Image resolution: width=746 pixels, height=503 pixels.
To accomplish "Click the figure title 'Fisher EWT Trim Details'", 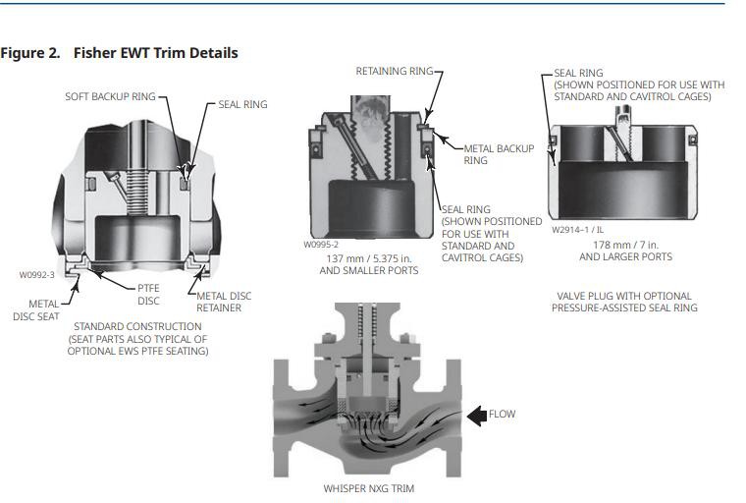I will coord(155,52).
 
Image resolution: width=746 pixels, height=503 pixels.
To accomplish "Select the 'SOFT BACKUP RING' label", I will coord(109,97).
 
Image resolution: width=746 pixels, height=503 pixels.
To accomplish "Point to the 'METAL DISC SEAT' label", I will coord(43,309).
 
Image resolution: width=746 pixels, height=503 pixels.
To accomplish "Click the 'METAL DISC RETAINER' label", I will coord(225,302).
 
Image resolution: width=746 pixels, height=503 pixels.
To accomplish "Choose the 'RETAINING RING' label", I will coord(392,72).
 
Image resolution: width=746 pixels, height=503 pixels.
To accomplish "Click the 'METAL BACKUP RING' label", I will coord(499,154).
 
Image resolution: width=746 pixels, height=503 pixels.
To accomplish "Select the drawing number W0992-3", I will coord(37,275).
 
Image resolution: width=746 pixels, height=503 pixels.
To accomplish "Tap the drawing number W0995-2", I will coord(321,245).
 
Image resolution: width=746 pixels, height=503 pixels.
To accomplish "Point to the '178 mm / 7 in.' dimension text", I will coord(625,244).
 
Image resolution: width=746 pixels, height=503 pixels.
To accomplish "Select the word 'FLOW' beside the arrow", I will coord(502,415).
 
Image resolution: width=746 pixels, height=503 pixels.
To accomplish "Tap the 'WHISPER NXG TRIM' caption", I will coord(368,488).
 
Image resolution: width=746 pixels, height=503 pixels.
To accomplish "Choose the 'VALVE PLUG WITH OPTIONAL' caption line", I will coord(623,296).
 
